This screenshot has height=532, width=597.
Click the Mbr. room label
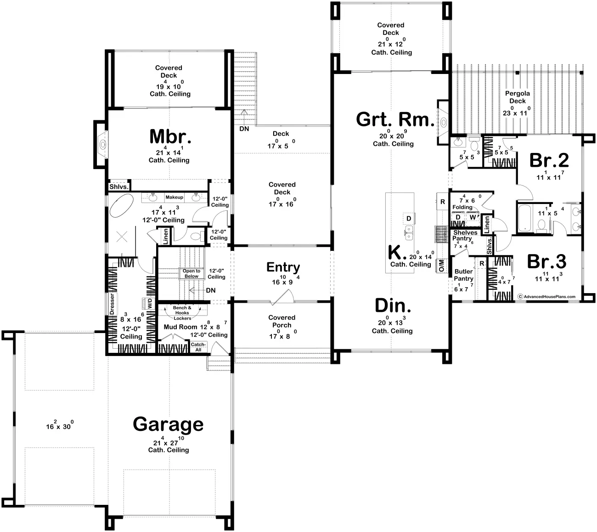pyautogui.click(x=170, y=136)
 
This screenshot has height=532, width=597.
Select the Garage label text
pyautogui.click(x=168, y=424)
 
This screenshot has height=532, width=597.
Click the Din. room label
pyautogui.click(x=393, y=306)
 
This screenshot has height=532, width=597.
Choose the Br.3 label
pyautogui.click(x=546, y=261)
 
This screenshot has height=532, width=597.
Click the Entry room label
pyautogui.click(x=283, y=267)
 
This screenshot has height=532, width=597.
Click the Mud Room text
pyautogui.click(x=180, y=327)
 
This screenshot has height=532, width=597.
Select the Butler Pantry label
pyautogui.click(x=464, y=275)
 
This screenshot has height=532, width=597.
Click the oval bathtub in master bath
pyautogui.click(x=122, y=205)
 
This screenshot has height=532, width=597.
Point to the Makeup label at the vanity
pyautogui.click(x=175, y=198)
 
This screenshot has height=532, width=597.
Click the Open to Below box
pyautogui.click(x=191, y=273)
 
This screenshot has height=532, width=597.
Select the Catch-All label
pyautogui.click(x=198, y=347)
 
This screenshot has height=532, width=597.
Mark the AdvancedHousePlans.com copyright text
pyautogui.click(x=546, y=297)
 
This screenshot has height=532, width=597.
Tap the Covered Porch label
pyautogui.click(x=282, y=321)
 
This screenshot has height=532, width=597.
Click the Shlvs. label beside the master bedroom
pyautogui.click(x=119, y=187)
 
